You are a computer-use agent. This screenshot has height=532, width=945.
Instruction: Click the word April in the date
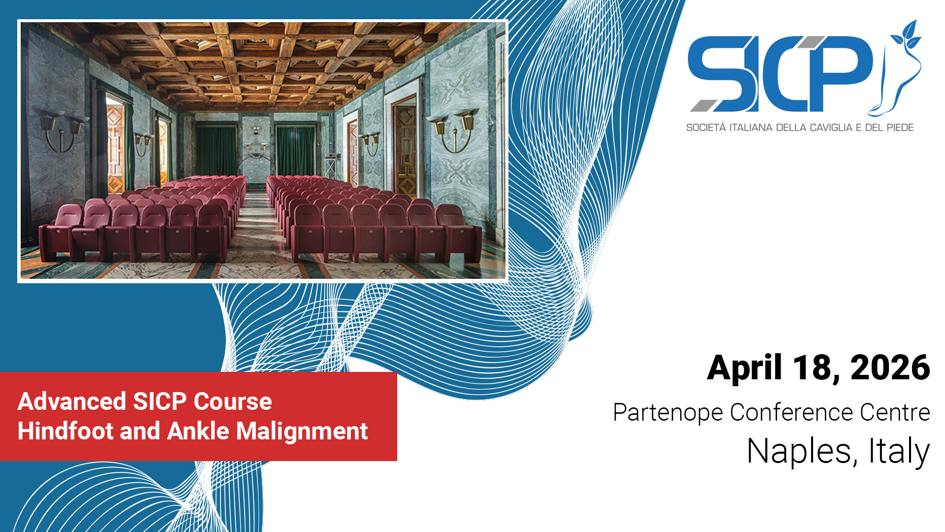click(x=745, y=368)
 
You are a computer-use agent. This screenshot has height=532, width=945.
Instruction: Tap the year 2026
click(x=890, y=367)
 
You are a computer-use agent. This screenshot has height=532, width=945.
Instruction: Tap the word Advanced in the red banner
click(x=72, y=401)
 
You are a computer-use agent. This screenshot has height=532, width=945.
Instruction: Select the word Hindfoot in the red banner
click(x=64, y=431)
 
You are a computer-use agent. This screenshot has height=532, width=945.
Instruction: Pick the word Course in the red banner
click(x=233, y=401)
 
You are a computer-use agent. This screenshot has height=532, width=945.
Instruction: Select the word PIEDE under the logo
click(x=900, y=128)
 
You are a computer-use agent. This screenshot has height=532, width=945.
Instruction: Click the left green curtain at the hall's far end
click(x=216, y=151)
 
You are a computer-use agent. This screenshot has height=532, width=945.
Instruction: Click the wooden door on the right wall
click(x=406, y=148)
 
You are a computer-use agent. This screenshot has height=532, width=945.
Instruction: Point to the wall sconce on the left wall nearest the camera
click(x=62, y=129)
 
